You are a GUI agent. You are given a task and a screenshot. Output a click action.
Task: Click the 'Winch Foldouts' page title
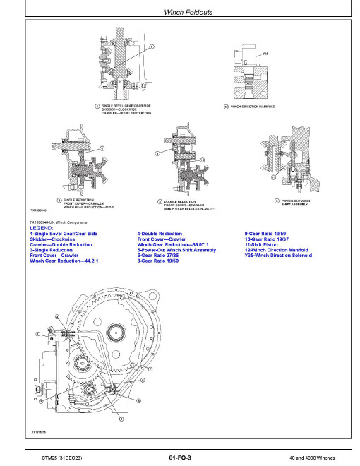tap(179, 12)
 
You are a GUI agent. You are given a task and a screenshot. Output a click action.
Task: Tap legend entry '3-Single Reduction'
tap(51, 250)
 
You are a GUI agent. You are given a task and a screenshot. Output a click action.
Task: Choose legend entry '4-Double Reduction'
tap(160, 234)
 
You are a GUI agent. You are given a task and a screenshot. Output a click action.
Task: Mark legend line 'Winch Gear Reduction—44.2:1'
tap(64, 261)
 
